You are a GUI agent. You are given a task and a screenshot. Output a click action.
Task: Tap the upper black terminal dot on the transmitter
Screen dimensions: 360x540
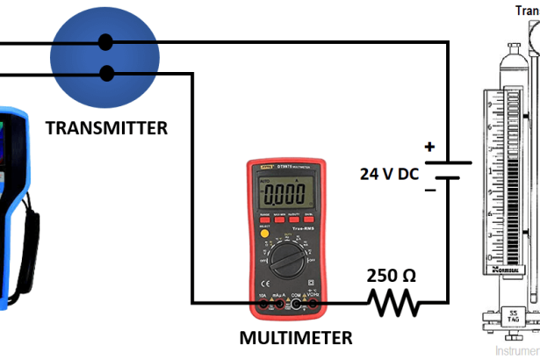[x=105, y=41]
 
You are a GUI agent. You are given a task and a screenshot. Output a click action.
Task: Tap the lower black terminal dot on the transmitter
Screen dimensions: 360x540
[x=105, y=73]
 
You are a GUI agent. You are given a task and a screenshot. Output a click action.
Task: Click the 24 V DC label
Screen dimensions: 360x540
[x=390, y=173]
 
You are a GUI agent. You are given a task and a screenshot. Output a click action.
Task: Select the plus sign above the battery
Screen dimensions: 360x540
[x=429, y=147]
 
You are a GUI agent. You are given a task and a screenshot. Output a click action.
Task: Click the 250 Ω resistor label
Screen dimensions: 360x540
[x=392, y=275]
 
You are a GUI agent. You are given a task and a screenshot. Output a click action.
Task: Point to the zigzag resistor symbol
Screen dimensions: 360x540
[x=394, y=304]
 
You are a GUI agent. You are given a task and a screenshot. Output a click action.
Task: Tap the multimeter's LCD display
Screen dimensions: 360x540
[x=284, y=191]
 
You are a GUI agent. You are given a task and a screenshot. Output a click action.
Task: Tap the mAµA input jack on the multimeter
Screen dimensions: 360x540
[x=280, y=305]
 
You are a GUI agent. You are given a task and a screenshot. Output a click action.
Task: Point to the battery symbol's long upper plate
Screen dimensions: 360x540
[x=448, y=162]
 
